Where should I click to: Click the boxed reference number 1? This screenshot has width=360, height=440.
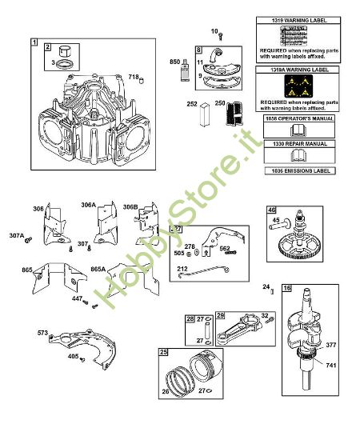click(34, 40)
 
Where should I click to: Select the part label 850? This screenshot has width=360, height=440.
click(175, 62)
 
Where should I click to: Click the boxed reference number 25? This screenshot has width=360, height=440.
click(163, 351)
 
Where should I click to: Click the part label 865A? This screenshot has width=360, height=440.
click(98, 270)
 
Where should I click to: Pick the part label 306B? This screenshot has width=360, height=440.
click(130, 206)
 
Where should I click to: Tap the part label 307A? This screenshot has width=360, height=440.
click(17, 236)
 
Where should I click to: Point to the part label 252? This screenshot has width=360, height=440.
click(191, 104)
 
